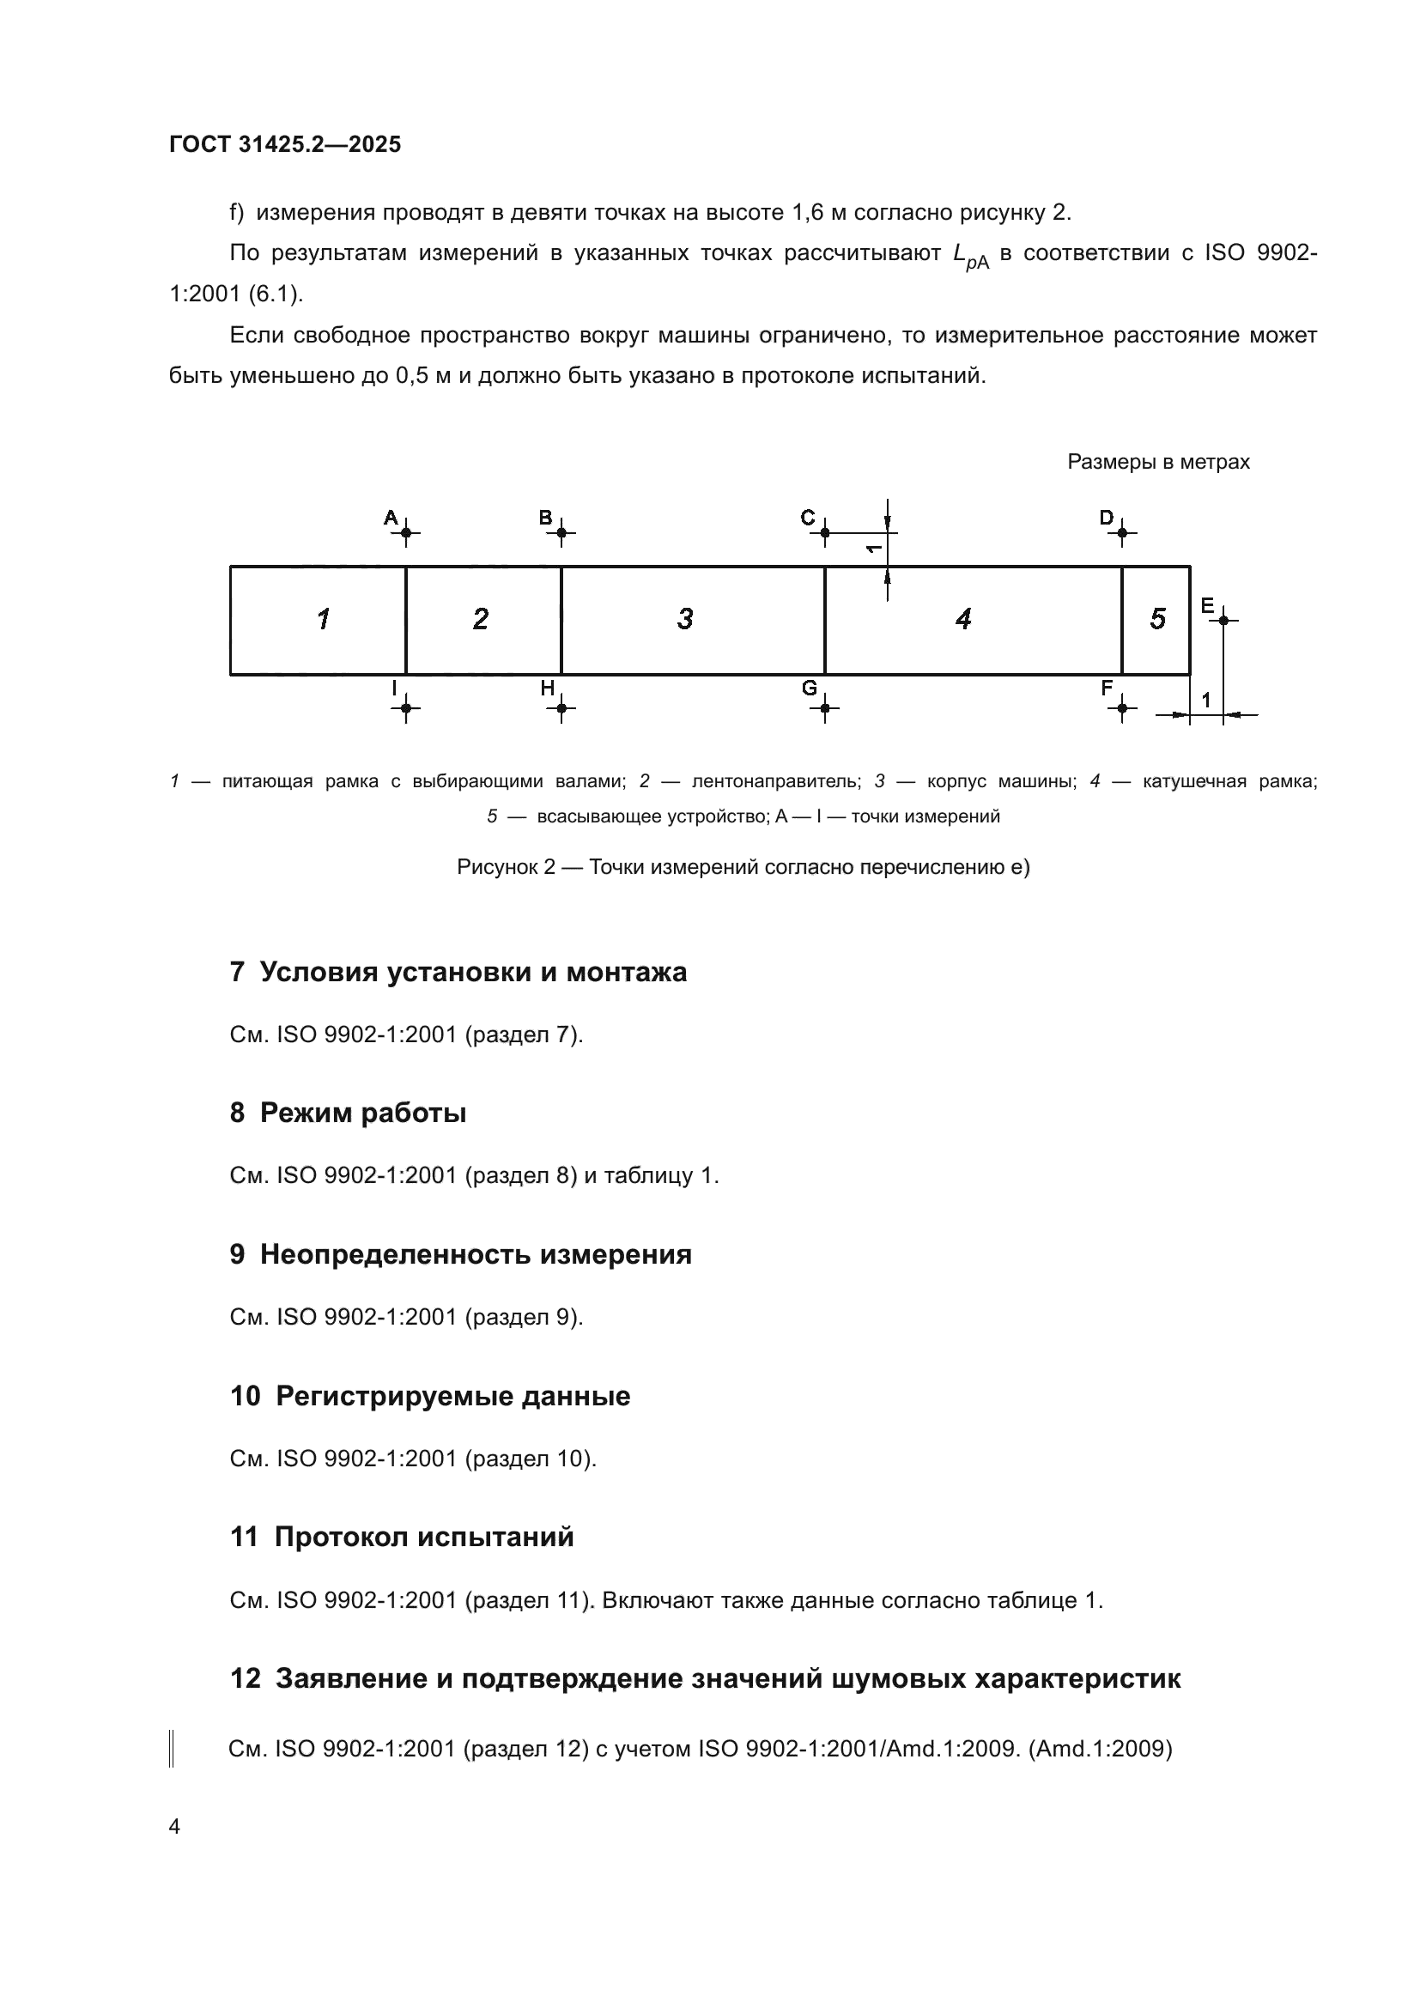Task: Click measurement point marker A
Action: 406,531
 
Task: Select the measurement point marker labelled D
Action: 1122,531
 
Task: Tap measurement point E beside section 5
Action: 1223,619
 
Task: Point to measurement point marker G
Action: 824,707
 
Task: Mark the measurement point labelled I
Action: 406,707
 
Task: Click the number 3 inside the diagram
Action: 684,619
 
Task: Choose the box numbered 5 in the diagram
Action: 1156,619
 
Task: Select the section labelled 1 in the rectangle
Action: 323,619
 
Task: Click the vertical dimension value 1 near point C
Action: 872,549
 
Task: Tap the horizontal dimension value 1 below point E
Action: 1205,700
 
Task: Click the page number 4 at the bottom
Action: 174,1826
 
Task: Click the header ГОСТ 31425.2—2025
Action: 285,144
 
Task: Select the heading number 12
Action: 246,1678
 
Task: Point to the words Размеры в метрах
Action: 1157,462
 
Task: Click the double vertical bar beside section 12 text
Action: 172,1749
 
